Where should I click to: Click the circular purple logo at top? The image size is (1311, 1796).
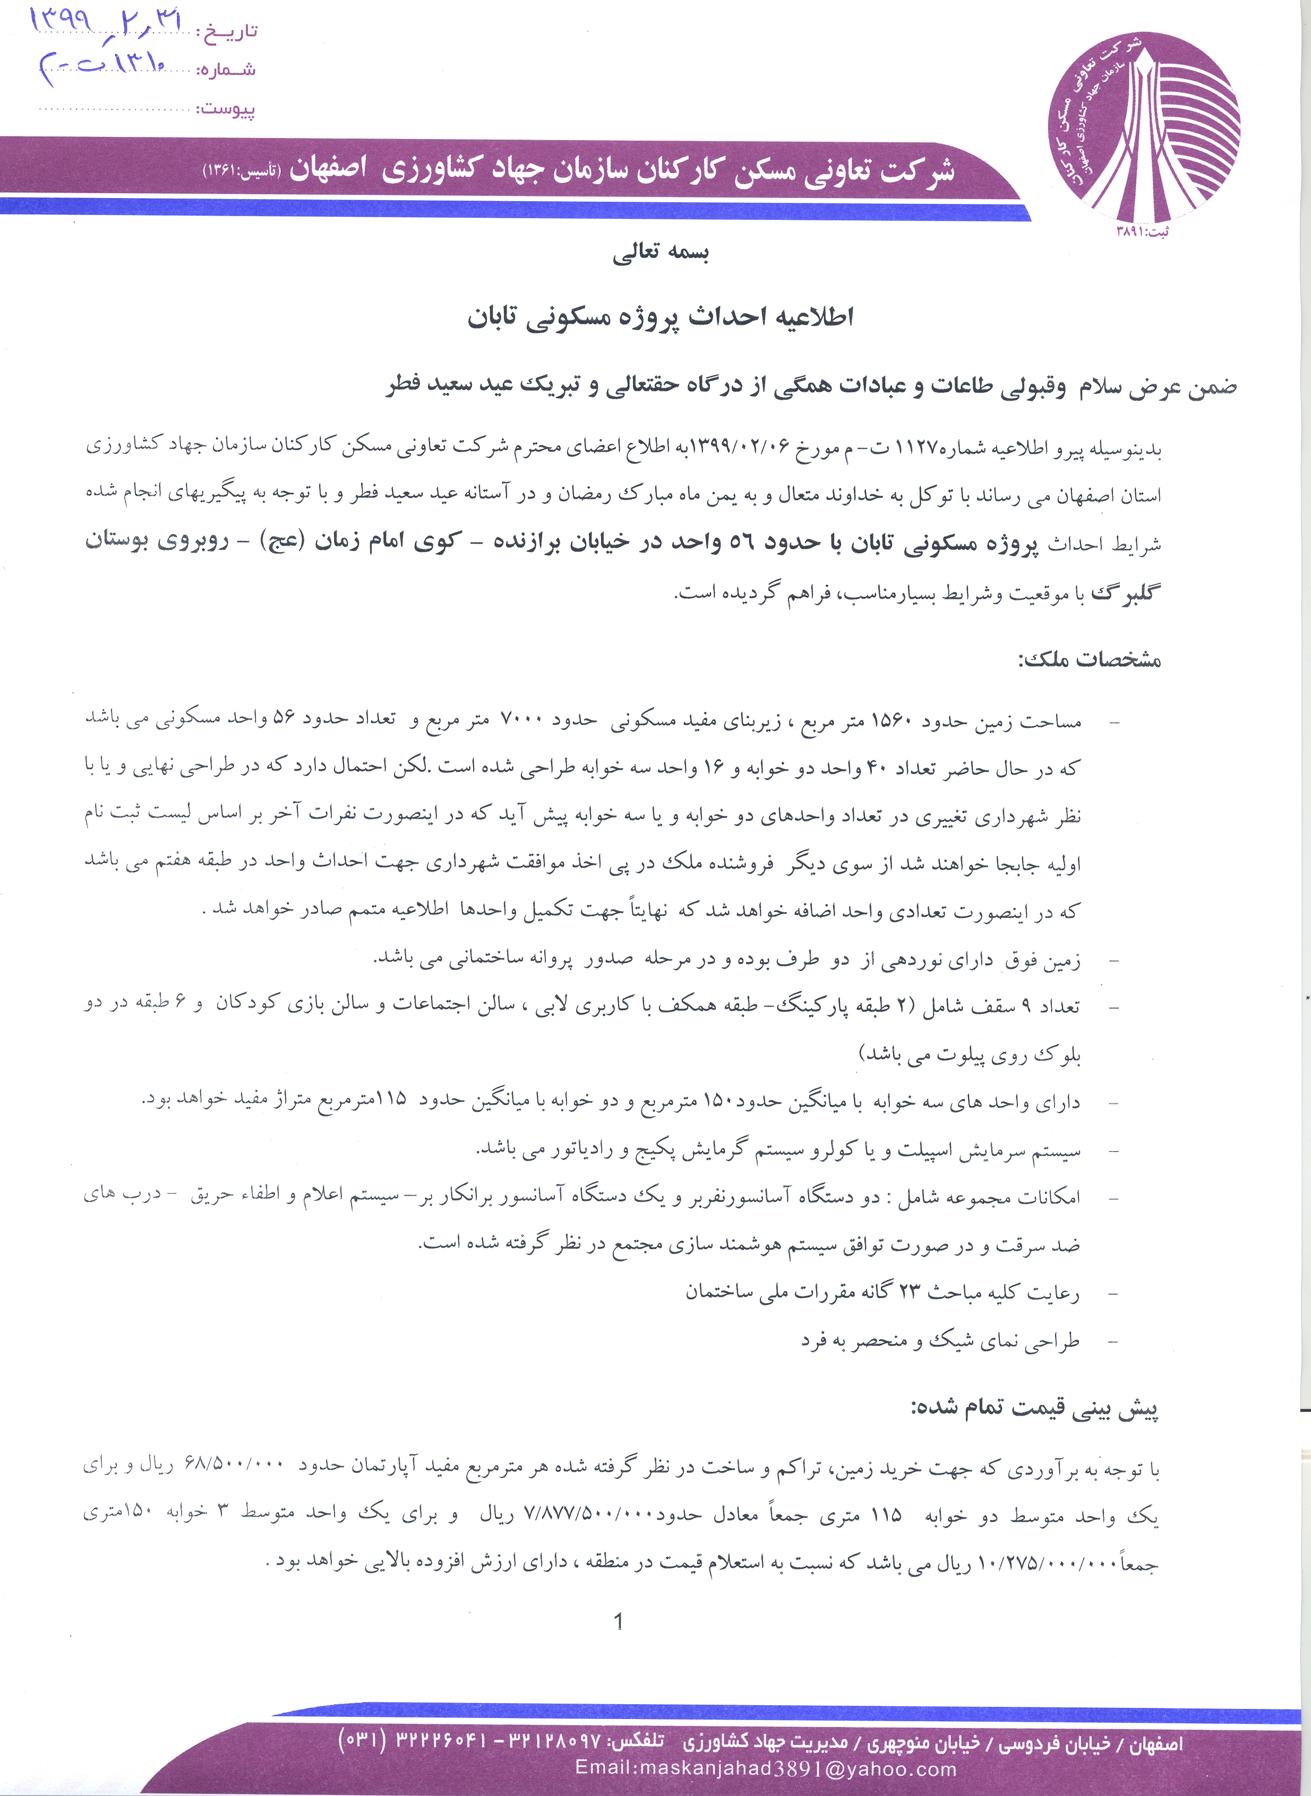pos(1144,127)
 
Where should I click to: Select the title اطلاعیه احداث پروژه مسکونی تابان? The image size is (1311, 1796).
pos(659,317)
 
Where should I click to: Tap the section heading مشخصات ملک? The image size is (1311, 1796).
pos(1089,660)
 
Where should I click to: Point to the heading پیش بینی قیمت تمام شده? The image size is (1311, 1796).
pos(1034,1409)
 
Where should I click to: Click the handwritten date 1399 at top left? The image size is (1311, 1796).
pos(59,20)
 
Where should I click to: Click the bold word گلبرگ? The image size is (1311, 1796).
pos(1126,592)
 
